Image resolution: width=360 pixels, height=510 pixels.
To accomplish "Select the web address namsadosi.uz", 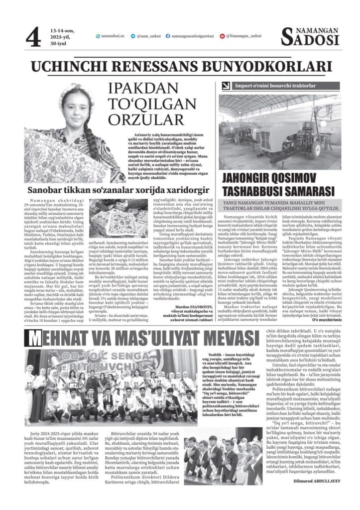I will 112,36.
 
